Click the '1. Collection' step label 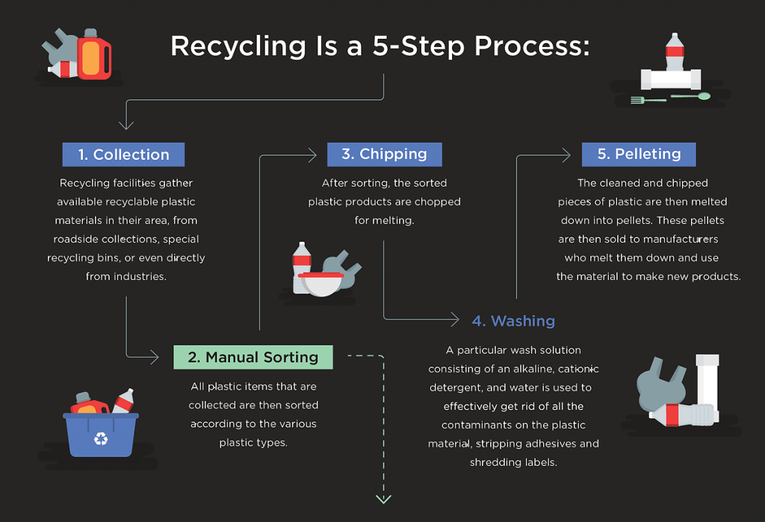click(x=123, y=155)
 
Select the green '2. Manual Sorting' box click(x=253, y=357)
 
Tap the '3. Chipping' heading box click(x=384, y=154)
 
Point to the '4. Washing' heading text click(x=513, y=321)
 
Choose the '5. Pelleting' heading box click(x=639, y=154)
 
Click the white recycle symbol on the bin click(x=101, y=438)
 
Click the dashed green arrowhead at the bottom click(x=383, y=498)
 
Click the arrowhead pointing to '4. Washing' click(x=453, y=320)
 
